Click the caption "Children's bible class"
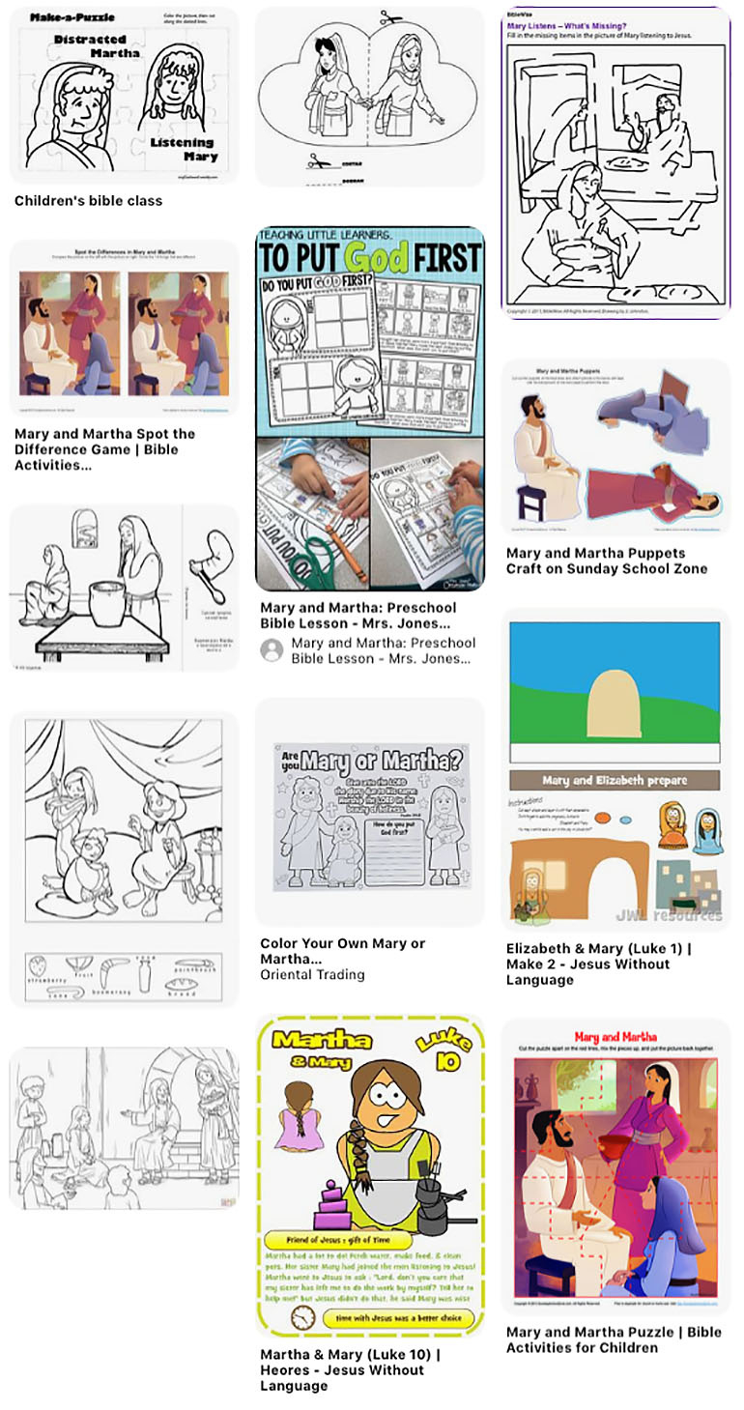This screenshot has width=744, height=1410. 88,201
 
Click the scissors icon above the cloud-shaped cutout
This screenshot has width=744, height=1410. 390,17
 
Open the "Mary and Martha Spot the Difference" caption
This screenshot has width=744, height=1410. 104,449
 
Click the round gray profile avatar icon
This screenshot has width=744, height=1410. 272,649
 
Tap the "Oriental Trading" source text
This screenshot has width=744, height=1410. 312,974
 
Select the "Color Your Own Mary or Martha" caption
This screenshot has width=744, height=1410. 342,951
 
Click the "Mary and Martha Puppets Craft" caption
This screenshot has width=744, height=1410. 606,561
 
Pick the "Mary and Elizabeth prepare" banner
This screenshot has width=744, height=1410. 615,780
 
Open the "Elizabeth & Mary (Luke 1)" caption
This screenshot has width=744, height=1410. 598,964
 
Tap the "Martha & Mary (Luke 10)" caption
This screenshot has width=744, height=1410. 350,1369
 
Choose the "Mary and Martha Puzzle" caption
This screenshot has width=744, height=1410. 613,1339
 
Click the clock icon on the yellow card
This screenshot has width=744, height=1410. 301,1317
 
